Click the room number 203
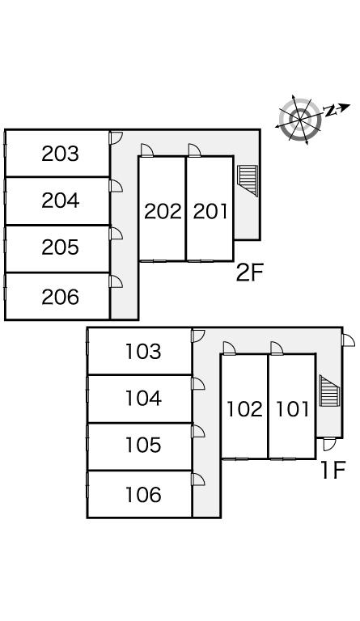[60, 154]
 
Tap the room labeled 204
[60, 201]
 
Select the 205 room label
[60, 247]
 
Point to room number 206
[60, 297]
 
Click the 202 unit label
[163, 212]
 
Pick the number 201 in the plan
[210, 212]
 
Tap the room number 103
[143, 351]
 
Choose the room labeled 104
[143, 398]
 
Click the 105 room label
[143, 445]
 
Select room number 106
[143, 494]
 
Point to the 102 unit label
[244, 409]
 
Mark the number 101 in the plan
[292, 409]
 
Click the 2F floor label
[249, 272]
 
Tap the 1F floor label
[333, 470]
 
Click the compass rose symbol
[300, 119]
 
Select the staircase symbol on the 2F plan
[248, 180]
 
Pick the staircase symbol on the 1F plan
[330, 391]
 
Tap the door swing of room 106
[198, 479]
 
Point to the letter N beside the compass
[329, 111]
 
